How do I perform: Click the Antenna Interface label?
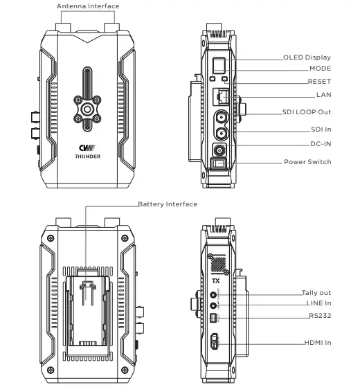coord(89,6)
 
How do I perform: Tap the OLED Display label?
coord(307,57)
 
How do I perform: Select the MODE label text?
coord(319,69)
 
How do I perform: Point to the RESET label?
coord(319,82)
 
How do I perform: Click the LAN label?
coord(323,94)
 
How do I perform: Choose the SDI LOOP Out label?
coord(307,112)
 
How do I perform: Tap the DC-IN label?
coord(319,145)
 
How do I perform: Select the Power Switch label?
coord(307,162)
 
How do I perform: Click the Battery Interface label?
coord(168,204)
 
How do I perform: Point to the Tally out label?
coord(316,293)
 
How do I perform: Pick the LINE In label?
coord(318,304)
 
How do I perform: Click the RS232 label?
coord(320,316)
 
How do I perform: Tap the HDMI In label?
coord(318,343)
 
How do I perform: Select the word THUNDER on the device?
coord(88,157)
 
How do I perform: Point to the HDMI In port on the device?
coord(215,342)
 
